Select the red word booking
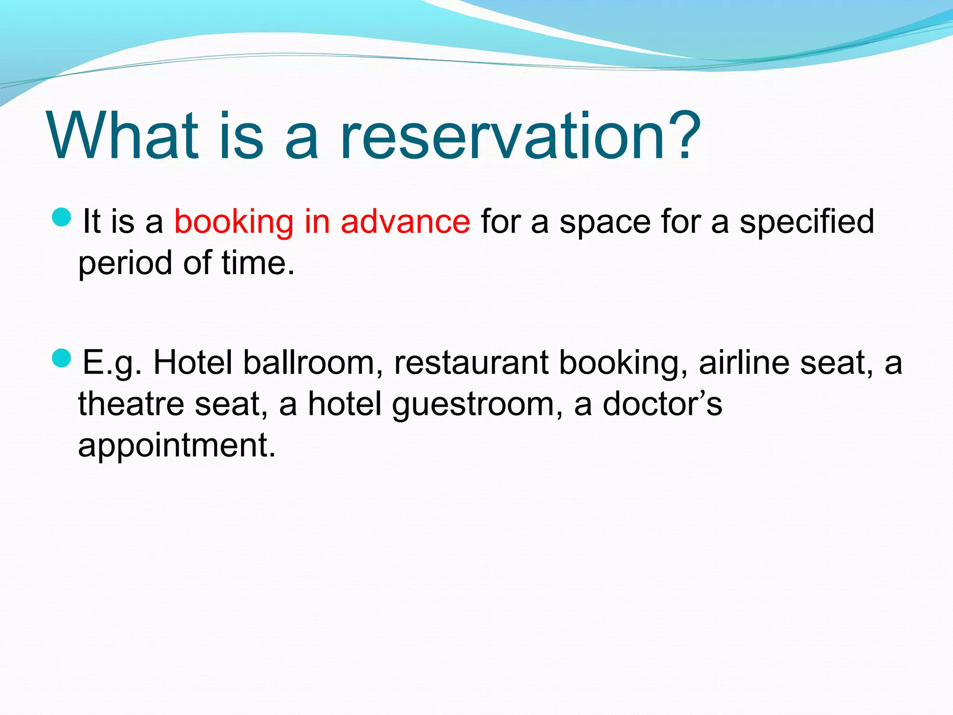pos(234,223)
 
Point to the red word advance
pos(405,222)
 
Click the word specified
pos(807,223)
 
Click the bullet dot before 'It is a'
pos(61,217)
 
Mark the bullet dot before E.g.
pos(61,358)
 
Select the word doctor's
pos(662,404)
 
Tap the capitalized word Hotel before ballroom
pos(193,363)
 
